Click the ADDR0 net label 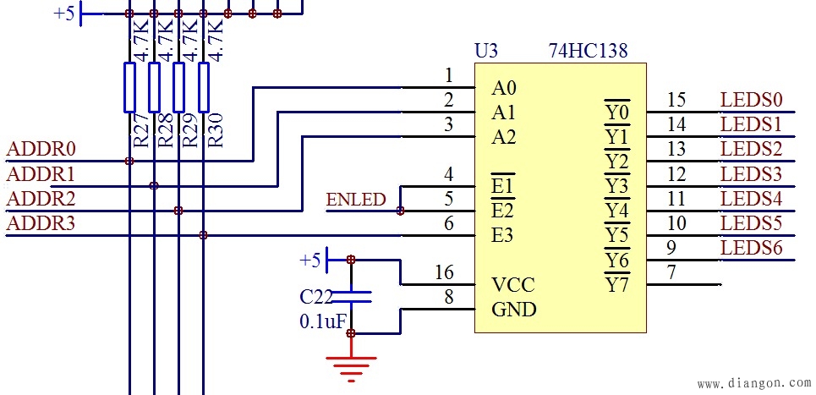pyautogui.click(x=41, y=150)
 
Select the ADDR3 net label pyautogui.click(x=41, y=224)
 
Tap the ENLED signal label pyautogui.click(x=355, y=200)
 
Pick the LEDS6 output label pyautogui.click(x=751, y=249)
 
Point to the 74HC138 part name pyautogui.click(x=588, y=51)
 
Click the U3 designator pyautogui.click(x=486, y=51)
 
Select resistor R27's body pyautogui.click(x=129, y=87)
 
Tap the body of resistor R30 pyautogui.click(x=203, y=87)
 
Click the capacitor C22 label pyautogui.click(x=315, y=296)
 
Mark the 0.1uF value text pyautogui.click(x=322, y=322)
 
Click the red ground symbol pyautogui.click(x=351, y=365)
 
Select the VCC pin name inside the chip pyautogui.click(x=512, y=284)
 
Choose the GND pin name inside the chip pyautogui.click(x=513, y=310)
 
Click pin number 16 pyautogui.click(x=444, y=272)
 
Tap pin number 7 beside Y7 pyautogui.click(x=671, y=273)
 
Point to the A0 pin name pyautogui.click(x=504, y=88)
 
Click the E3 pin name pyautogui.click(x=503, y=235)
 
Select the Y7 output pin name pyautogui.click(x=616, y=285)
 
